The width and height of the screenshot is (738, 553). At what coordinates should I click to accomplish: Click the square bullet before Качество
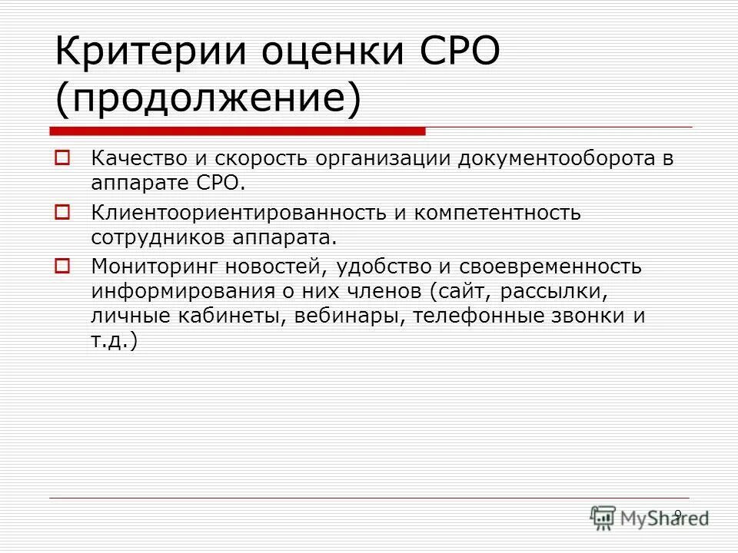pyautogui.click(x=62, y=160)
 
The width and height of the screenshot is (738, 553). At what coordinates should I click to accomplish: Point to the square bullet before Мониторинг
pyautogui.click(x=62, y=266)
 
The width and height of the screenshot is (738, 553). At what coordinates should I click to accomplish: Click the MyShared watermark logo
pyautogui.click(x=649, y=518)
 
